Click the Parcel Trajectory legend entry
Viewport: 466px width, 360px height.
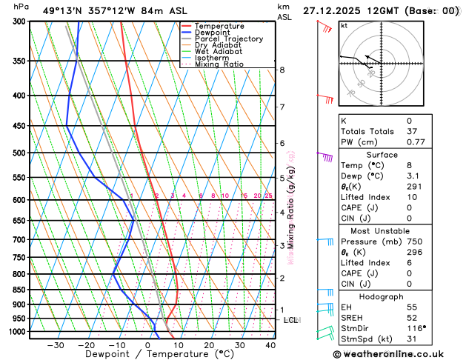click(x=228, y=39)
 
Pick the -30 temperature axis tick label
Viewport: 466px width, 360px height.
click(x=56, y=345)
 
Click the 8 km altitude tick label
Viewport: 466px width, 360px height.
click(x=282, y=70)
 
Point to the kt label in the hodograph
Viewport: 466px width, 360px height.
click(x=344, y=25)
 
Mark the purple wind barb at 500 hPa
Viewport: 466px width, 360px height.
click(x=324, y=156)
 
